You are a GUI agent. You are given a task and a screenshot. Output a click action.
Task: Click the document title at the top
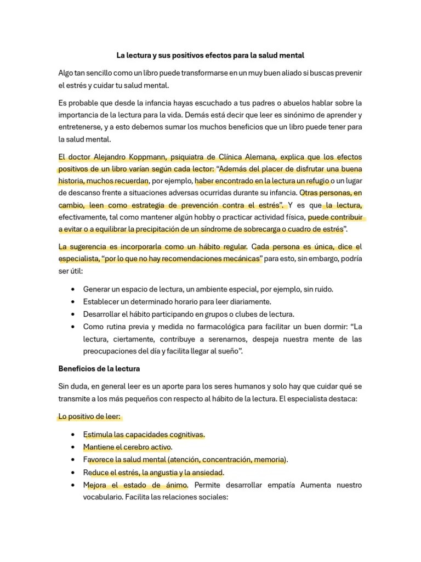click(x=210, y=55)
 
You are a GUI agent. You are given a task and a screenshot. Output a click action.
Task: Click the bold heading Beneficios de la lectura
click(x=99, y=368)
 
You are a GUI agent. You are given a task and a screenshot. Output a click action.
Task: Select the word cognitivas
click(x=182, y=435)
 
